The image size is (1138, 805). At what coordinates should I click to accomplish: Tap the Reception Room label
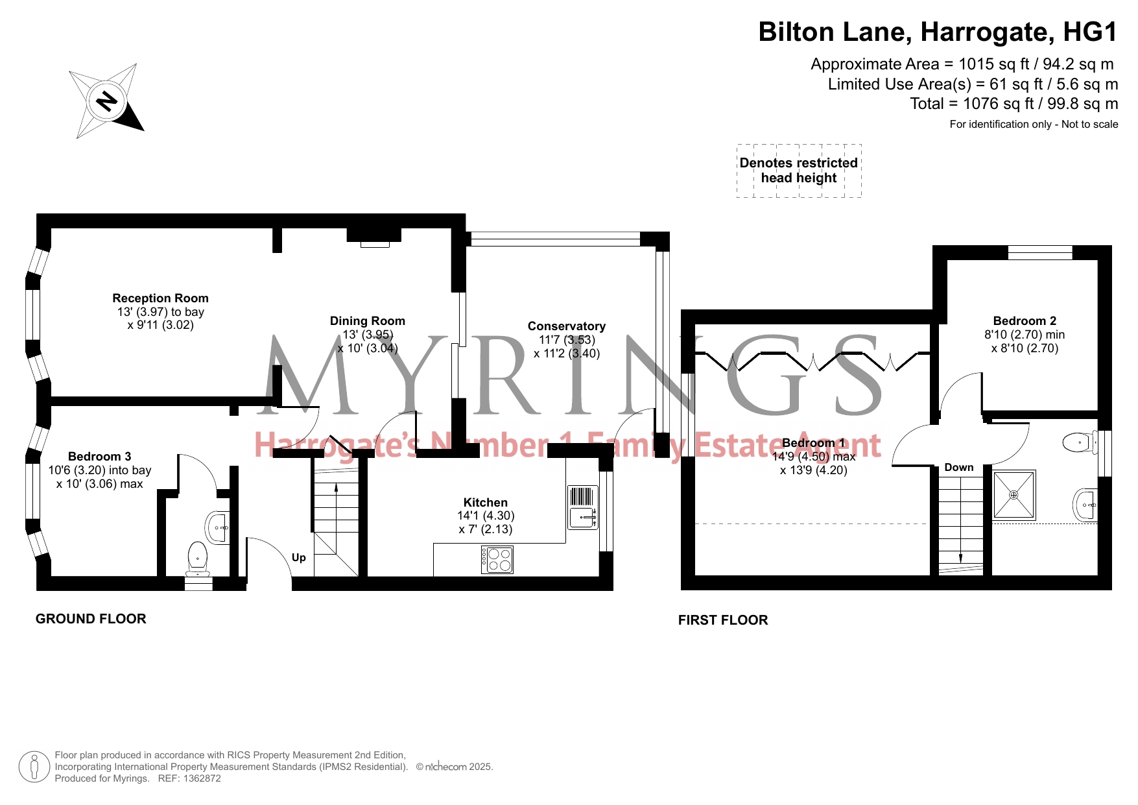[160, 298]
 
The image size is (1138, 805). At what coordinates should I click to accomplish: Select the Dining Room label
[367, 321]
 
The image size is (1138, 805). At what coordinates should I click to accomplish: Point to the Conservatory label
[567, 326]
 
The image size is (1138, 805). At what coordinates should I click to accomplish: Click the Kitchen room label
[486, 503]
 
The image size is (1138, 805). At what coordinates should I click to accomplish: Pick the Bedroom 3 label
[100, 457]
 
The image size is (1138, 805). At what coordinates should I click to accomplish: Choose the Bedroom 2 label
[1025, 321]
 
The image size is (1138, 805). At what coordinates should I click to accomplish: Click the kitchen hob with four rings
[497, 560]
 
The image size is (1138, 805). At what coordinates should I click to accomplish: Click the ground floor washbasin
[217, 527]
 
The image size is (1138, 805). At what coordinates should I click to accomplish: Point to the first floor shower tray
[1014, 495]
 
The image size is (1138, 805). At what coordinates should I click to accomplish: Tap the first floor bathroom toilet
[1079, 443]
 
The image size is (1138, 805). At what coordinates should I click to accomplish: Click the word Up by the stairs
[299, 558]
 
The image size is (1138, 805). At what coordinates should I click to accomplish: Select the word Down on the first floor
[959, 468]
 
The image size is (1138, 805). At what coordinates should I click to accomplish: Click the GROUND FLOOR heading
[91, 619]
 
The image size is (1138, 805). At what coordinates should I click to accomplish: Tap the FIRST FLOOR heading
[723, 620]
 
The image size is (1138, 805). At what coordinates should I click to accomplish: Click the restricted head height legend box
[799, 171]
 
